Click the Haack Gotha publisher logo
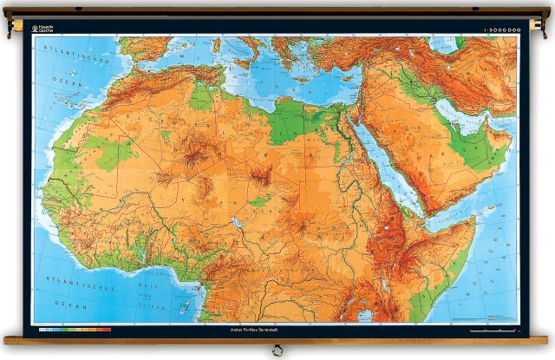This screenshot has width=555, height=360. click(46, 28)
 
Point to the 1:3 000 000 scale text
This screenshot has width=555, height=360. click(500, 29)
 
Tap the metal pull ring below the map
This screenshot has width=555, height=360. click(277, 350)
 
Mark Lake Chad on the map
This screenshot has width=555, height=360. click(237, 222)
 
